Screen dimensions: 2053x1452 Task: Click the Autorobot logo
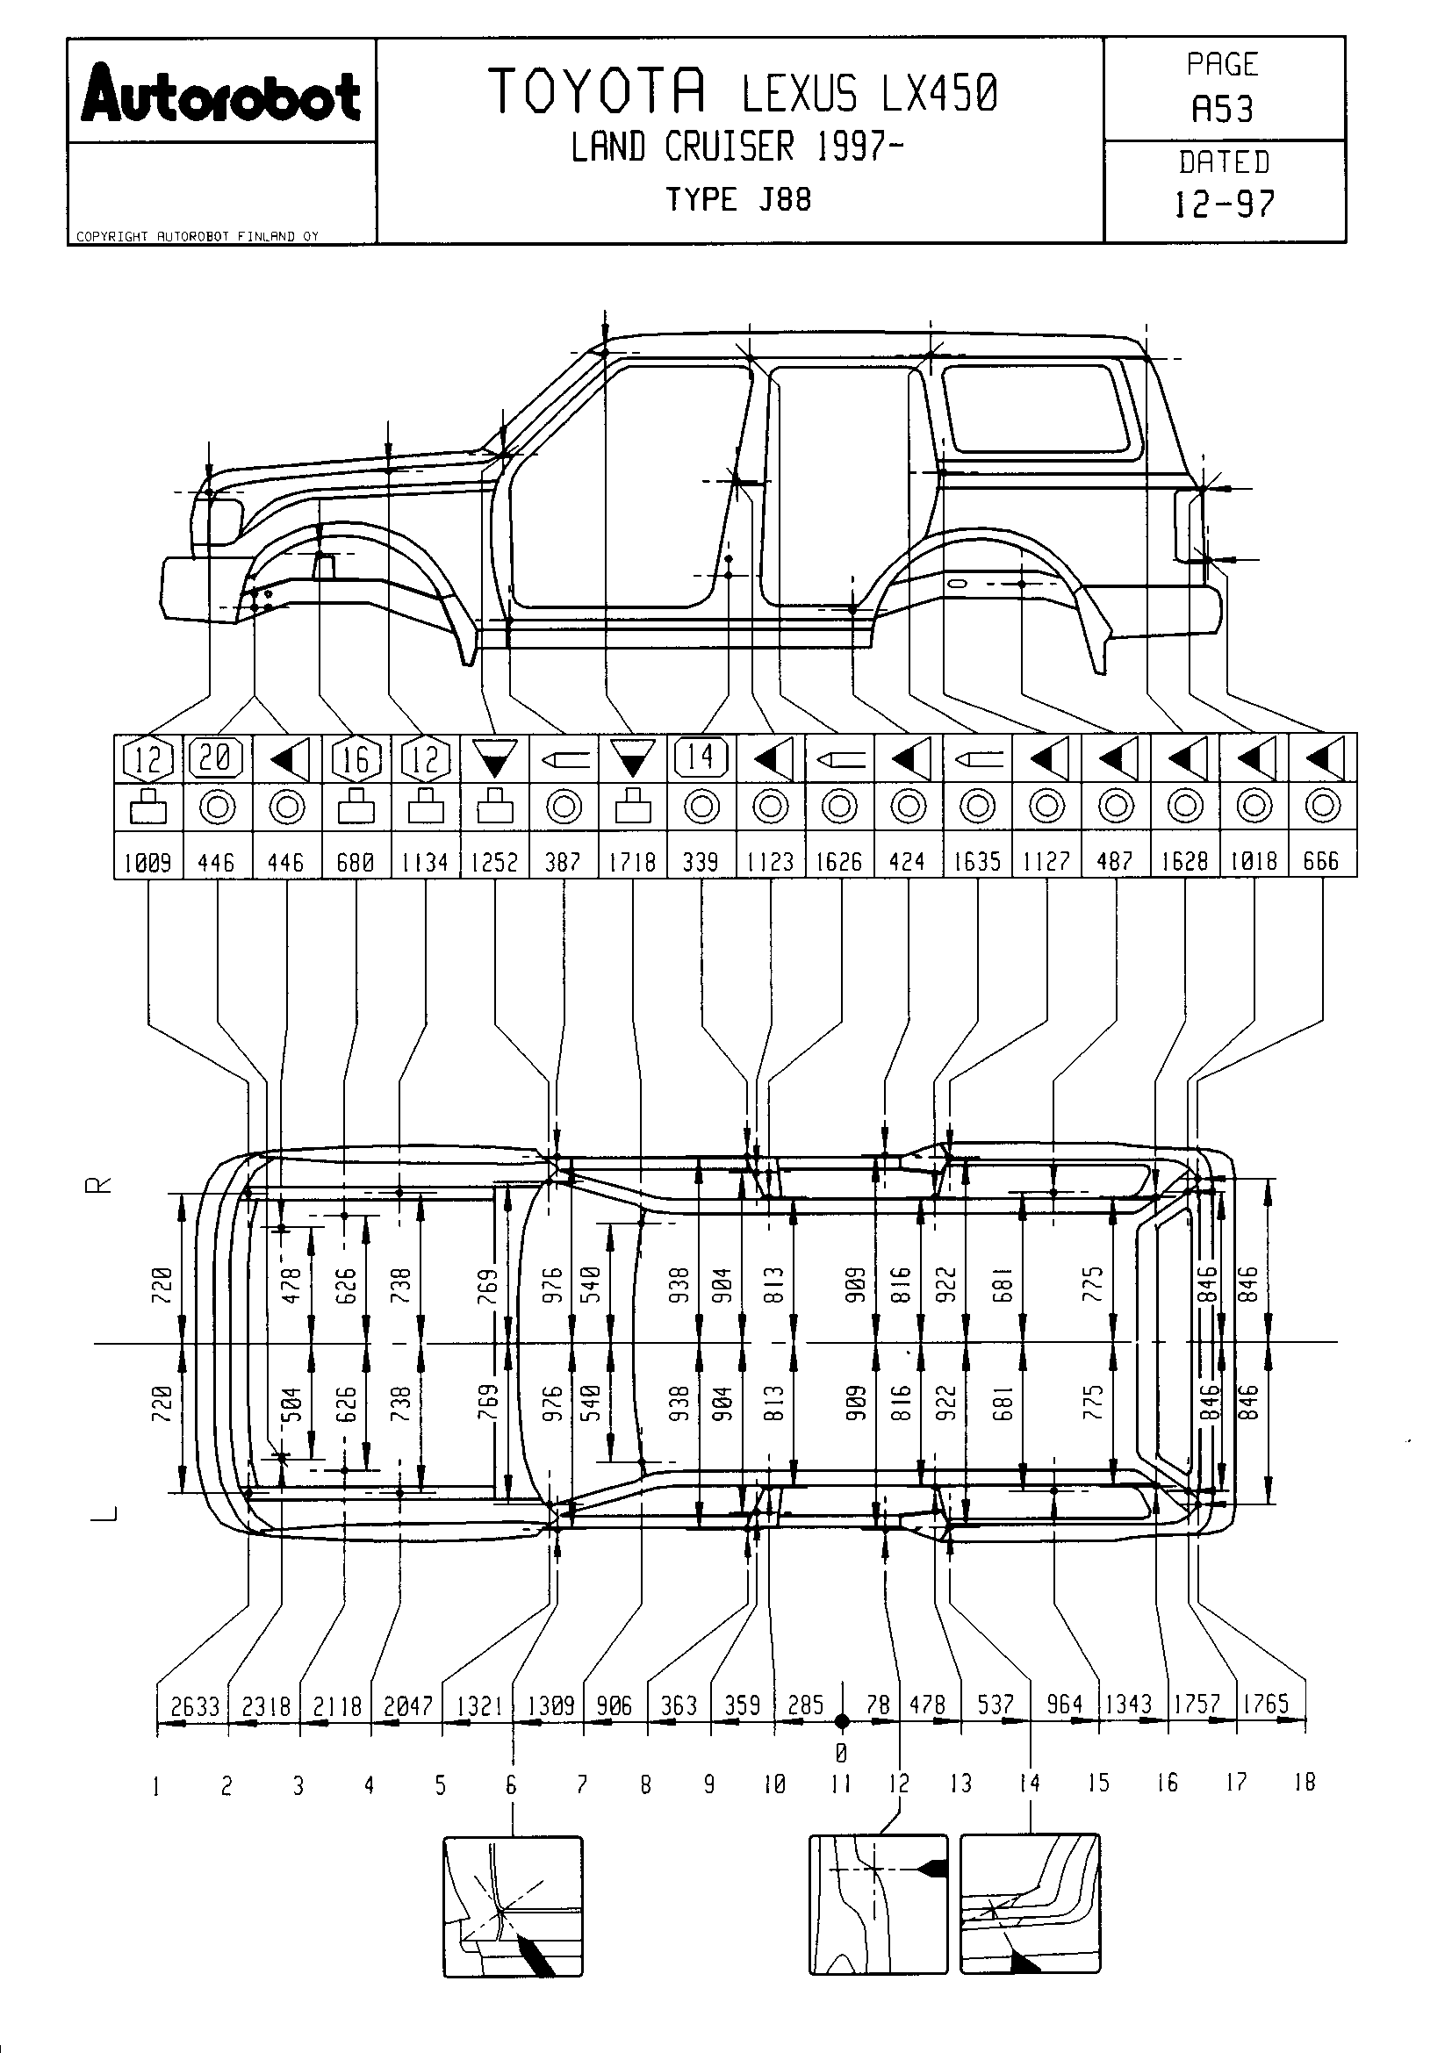click(221, 95)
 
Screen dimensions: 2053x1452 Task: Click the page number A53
click(1222, 109)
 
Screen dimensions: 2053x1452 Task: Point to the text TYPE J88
click(738, 198)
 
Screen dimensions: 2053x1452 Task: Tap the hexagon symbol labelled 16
click(356, 759)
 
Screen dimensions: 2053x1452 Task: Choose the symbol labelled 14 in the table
click(701, 757)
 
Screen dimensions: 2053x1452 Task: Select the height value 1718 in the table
click(632, 862)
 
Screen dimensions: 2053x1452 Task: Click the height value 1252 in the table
click(494, 862)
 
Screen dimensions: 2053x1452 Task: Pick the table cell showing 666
click(1321, 861)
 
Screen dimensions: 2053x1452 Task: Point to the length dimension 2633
click(195, 1707)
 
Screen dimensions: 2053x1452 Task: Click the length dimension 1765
click(1266, 1705)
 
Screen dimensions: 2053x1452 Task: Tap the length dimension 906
click(615, 1706)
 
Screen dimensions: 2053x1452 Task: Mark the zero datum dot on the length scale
click(841, 1721)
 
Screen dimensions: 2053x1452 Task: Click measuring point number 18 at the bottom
click(1305, 1783)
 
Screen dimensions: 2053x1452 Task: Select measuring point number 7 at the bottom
click(582, 1785)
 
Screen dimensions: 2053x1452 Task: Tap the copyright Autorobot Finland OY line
click(198, 237)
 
